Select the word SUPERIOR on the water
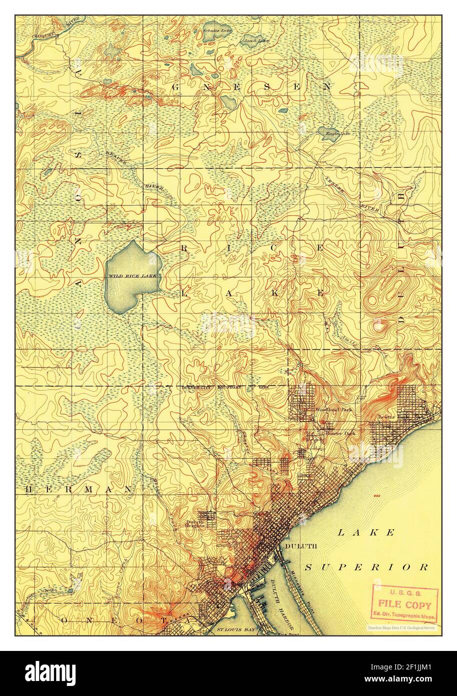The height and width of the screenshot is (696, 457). click(367, 567)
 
